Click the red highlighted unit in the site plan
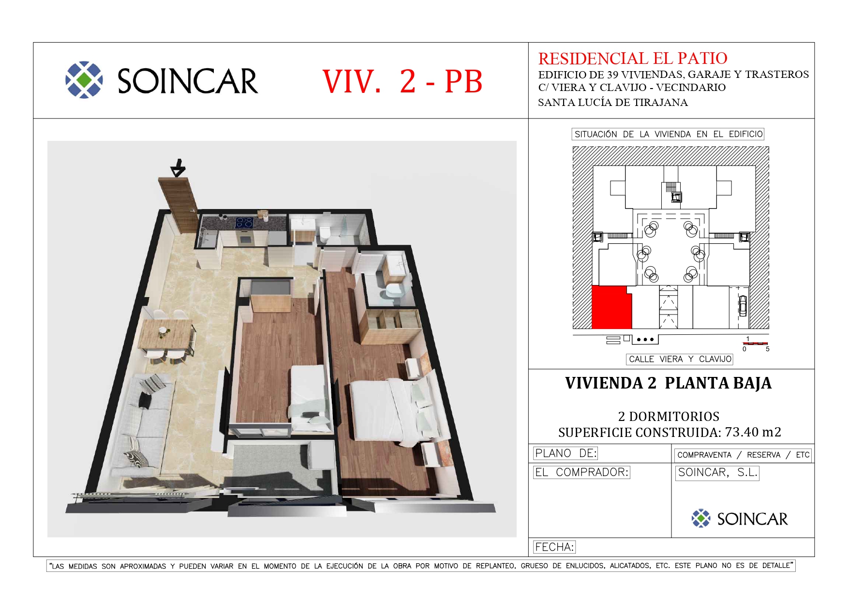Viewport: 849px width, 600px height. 611,308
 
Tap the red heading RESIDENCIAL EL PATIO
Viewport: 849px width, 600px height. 633,59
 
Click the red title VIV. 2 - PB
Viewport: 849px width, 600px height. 402,81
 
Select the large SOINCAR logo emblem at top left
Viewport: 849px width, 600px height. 84,80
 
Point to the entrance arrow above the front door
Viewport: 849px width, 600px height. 178,167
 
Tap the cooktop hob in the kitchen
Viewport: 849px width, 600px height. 244,222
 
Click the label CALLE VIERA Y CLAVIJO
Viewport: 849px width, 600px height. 680,359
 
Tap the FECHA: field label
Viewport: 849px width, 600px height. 554,547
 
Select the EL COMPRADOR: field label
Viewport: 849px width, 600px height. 581,472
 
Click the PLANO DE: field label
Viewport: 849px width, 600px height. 566,453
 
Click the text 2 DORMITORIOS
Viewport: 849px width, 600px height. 669,417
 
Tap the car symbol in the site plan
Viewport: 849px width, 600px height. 743,305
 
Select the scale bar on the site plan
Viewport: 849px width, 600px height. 756,343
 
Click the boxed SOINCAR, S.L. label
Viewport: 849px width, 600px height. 717,473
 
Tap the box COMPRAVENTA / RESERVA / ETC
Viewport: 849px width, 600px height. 743,455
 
